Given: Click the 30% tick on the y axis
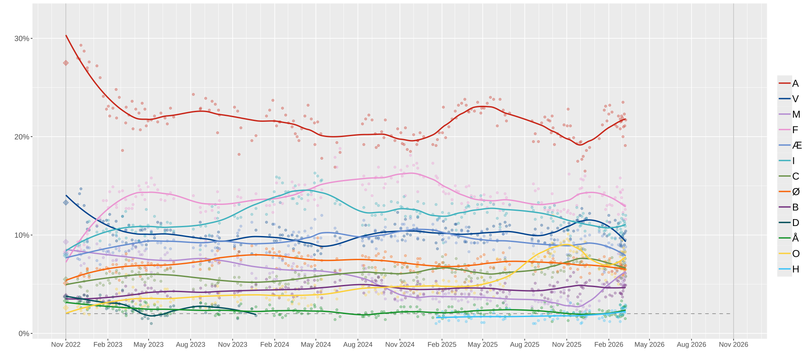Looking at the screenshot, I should tap(22, 39).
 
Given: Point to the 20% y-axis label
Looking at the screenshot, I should tap(22, 137).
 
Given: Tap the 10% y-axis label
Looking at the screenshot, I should tap(22, 235).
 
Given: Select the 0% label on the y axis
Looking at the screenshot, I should tap(24, 334).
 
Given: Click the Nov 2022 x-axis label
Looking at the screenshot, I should tap(66, 344).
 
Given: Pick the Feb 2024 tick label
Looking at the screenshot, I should tap(275, 344).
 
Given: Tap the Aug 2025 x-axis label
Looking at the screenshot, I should tap(525, 344).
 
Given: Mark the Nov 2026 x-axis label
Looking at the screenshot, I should tap(734, 344).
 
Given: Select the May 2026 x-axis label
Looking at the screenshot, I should tap(649, 344).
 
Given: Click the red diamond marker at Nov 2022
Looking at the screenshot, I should tap(66, 63).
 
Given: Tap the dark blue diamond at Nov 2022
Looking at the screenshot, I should tap(66, 202).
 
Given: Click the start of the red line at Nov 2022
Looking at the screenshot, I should tap(66, 35).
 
